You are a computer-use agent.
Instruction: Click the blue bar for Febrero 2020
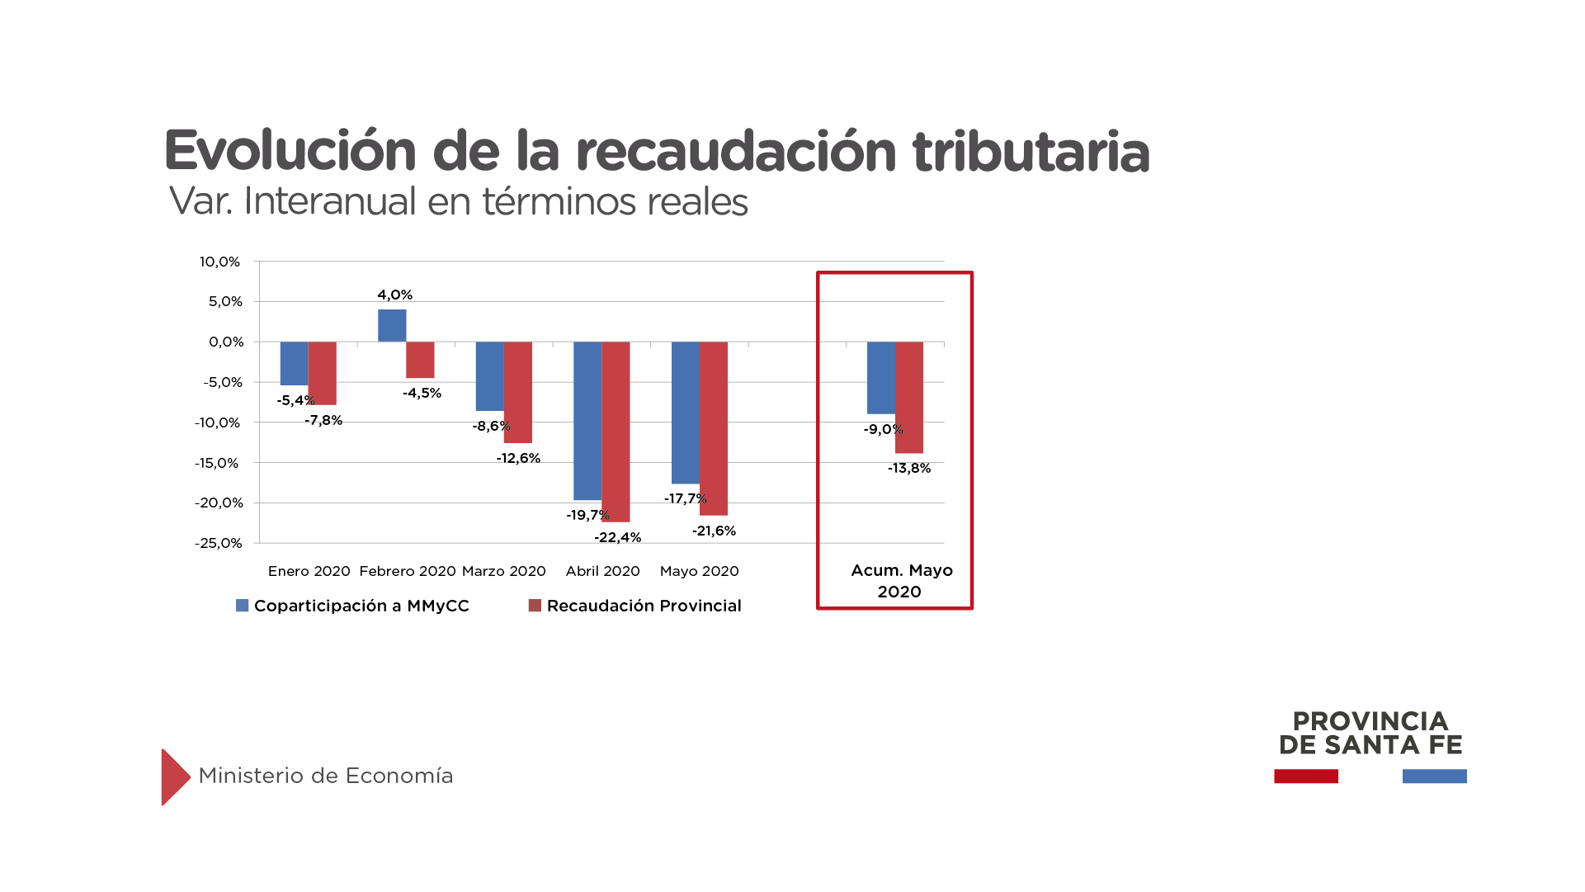[392, 325]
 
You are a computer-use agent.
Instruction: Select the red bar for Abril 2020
[616, 432]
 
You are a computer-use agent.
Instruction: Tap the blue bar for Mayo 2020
[685, 413]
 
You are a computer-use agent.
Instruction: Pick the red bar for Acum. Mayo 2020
[909, 397]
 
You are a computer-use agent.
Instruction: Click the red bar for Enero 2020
[323, 373]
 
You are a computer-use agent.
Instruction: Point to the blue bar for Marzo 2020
[489, 376]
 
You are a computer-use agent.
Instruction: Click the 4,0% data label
[395, 295]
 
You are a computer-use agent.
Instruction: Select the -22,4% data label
[617, 537]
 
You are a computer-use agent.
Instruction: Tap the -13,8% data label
[909, 468]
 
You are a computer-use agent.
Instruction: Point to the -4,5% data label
[422, 393]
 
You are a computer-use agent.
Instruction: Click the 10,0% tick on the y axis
[219, 262]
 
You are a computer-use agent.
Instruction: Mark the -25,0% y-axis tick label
[219, 543]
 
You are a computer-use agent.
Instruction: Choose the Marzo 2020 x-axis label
[503, 571]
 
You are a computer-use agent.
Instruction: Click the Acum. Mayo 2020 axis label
[901, 581]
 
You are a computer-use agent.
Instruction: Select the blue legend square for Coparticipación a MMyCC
[243, 606]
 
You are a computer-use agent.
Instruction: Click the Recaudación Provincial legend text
[644, 606]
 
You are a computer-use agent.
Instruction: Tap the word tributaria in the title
[1031, 152]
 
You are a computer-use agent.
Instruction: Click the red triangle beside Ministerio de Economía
[174, 776]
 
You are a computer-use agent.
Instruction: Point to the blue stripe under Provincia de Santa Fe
[1434, 776]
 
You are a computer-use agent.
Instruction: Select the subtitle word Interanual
[330, 201]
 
